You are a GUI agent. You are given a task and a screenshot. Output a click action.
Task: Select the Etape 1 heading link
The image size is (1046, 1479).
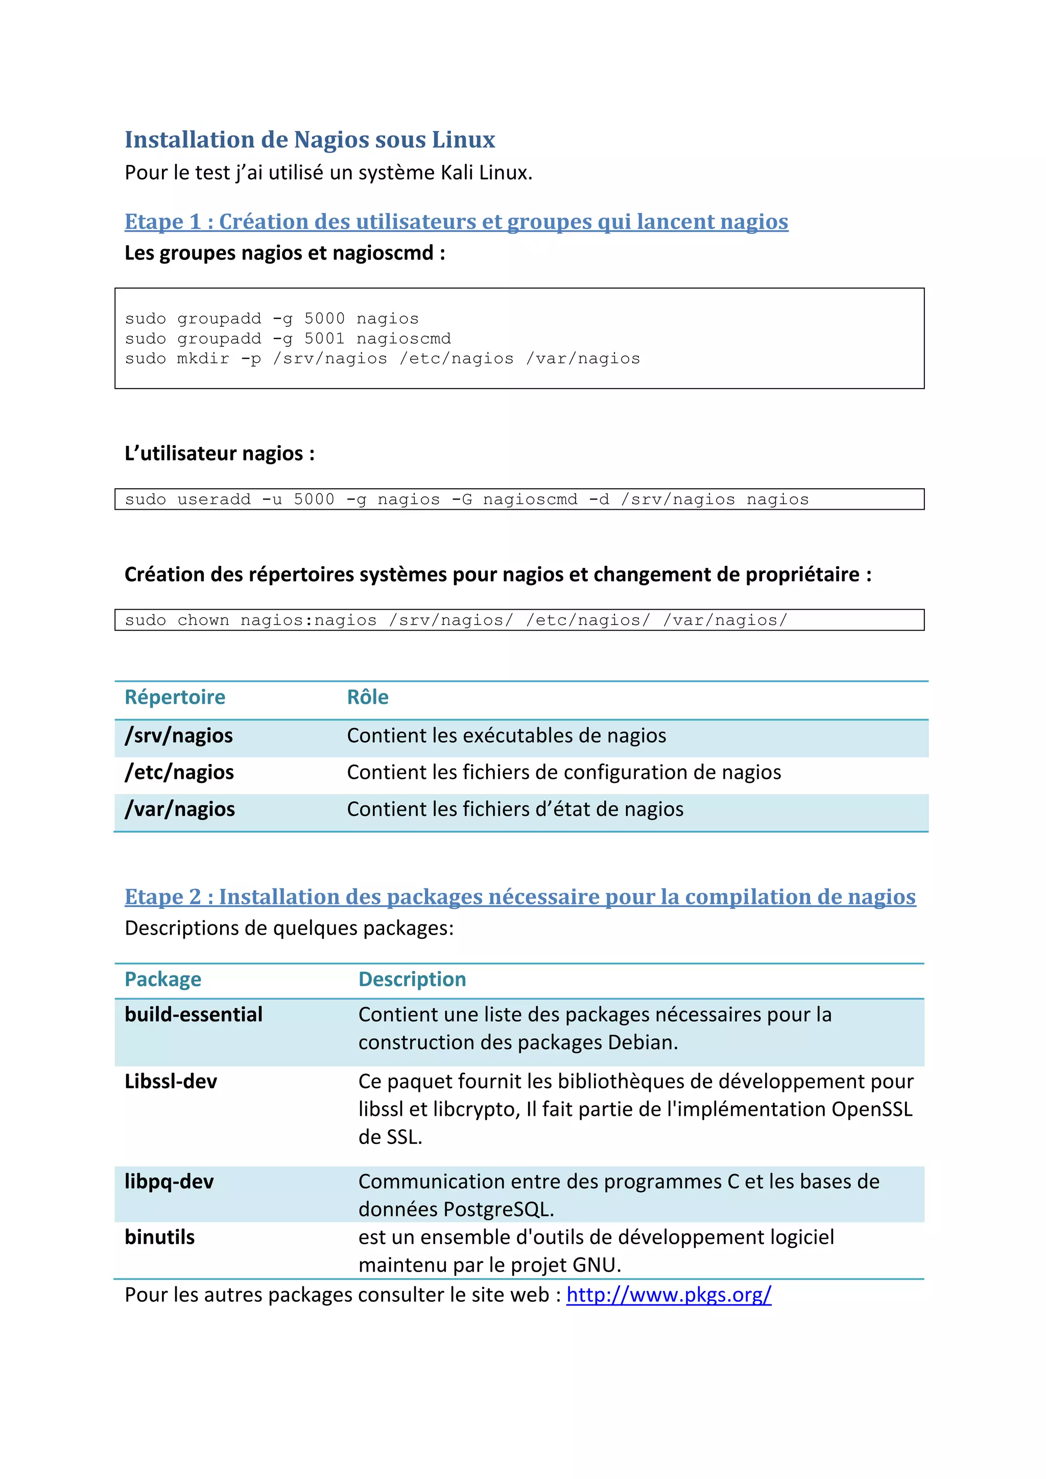click(456, 222)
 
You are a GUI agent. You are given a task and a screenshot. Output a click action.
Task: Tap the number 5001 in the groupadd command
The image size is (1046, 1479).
click(324, 339)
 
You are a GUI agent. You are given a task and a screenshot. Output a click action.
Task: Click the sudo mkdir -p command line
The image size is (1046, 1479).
click(382, 359)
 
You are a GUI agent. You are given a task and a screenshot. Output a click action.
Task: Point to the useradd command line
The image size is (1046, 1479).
click(466, 499)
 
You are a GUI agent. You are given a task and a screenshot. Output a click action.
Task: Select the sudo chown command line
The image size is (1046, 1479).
click(456, 621)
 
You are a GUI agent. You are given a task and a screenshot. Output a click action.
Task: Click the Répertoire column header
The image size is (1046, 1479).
click(175, 697)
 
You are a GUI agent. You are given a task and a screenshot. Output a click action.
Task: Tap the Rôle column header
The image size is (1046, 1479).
click(367, 697)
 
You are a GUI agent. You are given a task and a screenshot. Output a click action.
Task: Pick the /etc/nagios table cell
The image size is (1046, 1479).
click(179, 772)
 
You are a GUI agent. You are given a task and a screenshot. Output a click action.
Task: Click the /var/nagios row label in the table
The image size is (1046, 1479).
click(180, 809)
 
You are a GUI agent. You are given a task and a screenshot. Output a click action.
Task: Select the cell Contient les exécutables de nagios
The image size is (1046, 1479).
click(506, 735)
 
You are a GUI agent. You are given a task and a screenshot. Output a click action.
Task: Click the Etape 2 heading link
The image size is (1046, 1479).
click(520, 897)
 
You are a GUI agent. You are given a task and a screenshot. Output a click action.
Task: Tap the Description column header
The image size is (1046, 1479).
click(412, 979)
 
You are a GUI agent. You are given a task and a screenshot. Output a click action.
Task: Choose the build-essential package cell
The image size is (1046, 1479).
click(193, 1015)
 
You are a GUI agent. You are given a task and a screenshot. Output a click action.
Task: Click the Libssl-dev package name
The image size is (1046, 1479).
click(171, 1082)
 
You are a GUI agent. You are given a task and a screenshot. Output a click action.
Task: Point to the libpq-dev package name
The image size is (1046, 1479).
click(169, 1181)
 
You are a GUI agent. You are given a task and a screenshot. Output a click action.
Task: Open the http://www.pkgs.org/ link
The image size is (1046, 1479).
click(669, 1295)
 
